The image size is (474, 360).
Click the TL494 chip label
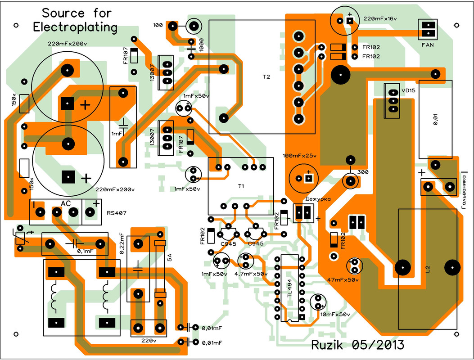(x=289, y=288)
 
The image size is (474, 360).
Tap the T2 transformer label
(x=266, y=77)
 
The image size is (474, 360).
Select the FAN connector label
(x=428, y=45)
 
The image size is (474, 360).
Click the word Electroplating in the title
(x=75, y=27)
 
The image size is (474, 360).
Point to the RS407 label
(x=117, y=213)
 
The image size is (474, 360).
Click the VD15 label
(x=408, y=90)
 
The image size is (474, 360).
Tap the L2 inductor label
(x=427, y=269)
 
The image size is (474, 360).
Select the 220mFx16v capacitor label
(x=380, y=19)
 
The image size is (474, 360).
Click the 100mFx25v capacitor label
(x=300, y=156)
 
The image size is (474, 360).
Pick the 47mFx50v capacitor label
(x=343, y=280)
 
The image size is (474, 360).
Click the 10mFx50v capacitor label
(x=335, y=315)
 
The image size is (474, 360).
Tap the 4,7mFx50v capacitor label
(x=251, y=274)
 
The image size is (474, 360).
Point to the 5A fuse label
(x=170, y=257)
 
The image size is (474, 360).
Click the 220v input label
(x=149, y=341)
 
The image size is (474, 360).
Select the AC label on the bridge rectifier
(x=66, y=204)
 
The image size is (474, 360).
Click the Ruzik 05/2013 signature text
(x=357, y=345)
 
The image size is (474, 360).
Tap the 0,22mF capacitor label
(x=122, y=243)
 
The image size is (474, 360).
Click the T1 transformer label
(x=241, y=186)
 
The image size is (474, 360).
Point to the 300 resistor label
(x=363, y=172)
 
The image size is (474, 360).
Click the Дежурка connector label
(x=318, y=199)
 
